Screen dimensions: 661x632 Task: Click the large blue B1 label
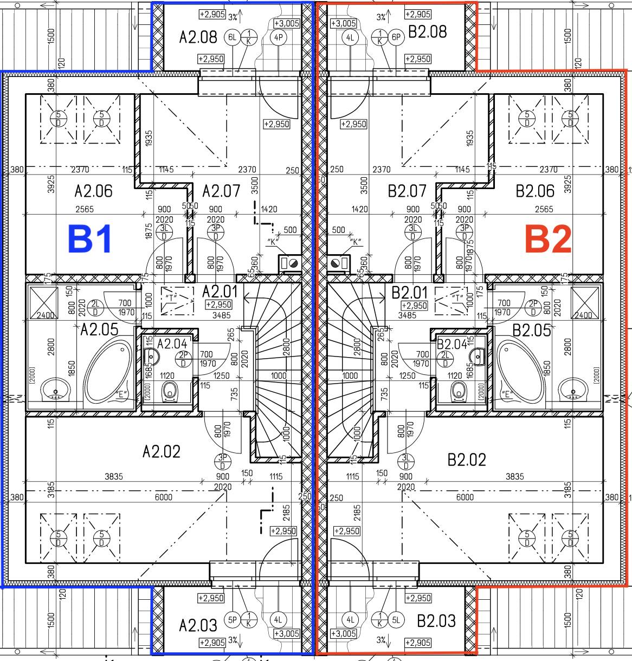pos(90,239)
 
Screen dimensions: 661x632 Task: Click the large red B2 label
pos(549,239)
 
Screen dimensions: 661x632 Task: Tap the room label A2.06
pos(93,191)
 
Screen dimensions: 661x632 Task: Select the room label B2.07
pos(407,191)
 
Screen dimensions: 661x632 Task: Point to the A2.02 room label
pos(161,451)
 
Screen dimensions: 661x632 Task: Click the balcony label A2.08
pos(198,37)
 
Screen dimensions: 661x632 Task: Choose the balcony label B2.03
pos(436,620)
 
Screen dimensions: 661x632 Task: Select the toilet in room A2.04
pos(170,390)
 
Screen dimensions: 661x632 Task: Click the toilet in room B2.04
pos(459,390)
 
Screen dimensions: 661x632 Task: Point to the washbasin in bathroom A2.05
pos(55,389)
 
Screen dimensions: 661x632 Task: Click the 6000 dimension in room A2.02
pos(163,497)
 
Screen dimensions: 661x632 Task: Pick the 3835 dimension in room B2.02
pos(514,477)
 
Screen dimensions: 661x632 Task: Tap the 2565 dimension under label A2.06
pos(85,209)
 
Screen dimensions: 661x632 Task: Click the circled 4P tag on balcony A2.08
pos(279,37)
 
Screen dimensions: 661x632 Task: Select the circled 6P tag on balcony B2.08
pos(397,37)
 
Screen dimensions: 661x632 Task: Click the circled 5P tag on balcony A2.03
pos(233,620)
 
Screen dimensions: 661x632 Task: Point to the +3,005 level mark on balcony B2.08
pos(343,23)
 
